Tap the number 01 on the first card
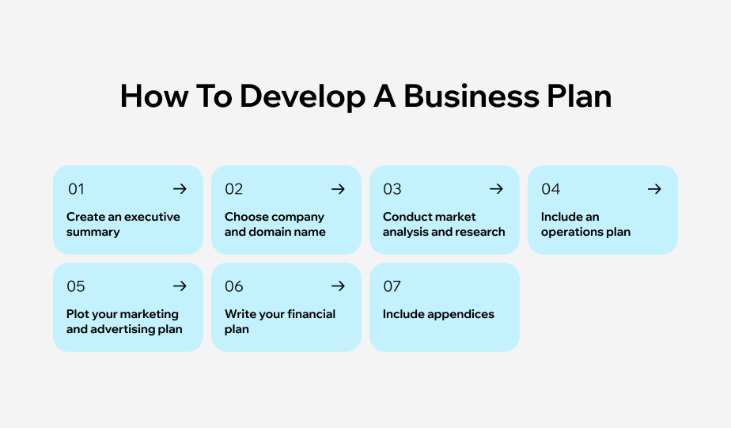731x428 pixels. click(76, 189)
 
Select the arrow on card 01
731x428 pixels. click(180, 189)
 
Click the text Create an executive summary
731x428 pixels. click(123, 224)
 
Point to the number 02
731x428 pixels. click(234, 189)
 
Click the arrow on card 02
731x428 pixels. click(338, 189)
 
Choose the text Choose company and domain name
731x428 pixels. click(275, 224)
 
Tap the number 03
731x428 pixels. click(392, 189)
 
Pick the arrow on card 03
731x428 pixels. click(496, 189)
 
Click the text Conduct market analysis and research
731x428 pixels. click(444, 224)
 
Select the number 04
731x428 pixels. click(551, 189)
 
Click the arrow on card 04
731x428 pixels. click(654, 189)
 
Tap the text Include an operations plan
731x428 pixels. click(585, 224)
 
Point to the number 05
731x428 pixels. click(76, 286)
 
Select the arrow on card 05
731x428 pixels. click(180, 286)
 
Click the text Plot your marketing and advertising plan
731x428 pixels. click(123, 321)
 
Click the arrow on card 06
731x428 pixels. click(338, 286)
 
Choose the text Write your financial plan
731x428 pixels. click(279, 321)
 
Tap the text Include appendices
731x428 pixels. click(438, 314)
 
